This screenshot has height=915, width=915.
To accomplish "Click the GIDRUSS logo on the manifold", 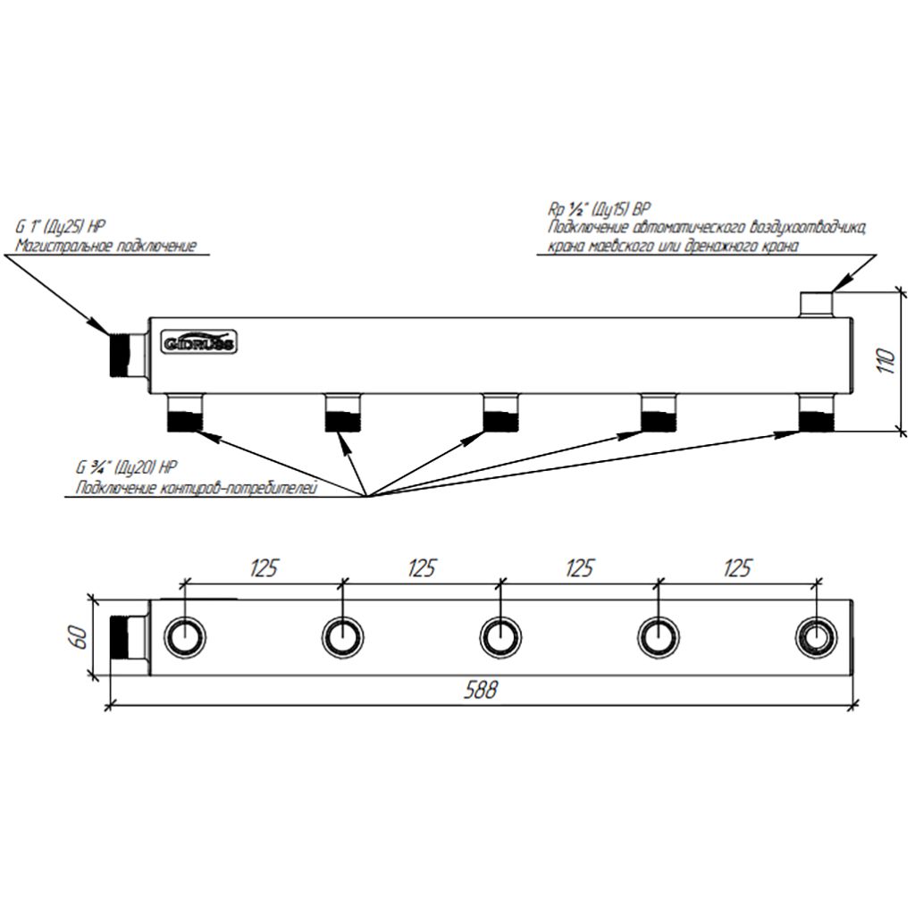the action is point(198,342).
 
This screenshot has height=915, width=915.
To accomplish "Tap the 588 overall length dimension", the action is point(481,690).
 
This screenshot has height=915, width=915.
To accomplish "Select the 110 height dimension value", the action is point(886,361).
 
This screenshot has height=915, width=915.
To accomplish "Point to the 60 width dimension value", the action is point(80,637).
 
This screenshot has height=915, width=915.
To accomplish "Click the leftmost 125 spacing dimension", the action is point(264,567).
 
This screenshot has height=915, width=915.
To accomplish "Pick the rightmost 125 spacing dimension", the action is point(737,567).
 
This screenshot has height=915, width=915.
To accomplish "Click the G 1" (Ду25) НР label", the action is point(61,226).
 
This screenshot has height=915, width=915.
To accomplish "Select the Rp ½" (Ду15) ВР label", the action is point(600,209).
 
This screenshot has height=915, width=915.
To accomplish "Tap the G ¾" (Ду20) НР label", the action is point(126,467).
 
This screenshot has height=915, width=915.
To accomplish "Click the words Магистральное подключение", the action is point(105,246).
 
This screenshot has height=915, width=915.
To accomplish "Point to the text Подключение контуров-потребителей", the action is point(197,488).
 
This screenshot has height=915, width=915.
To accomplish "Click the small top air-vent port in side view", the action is point(816,305).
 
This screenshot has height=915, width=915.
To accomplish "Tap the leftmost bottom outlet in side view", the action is point(184,412).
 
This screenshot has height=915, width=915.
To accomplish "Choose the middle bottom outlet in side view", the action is point(500,412).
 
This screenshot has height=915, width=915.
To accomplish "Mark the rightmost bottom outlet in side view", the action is point(817,412).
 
